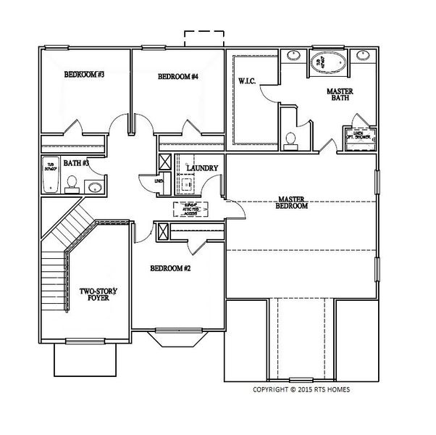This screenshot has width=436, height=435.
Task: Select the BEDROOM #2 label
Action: click(x=170, y=269)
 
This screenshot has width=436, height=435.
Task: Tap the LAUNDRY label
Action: click(x=202, y=168)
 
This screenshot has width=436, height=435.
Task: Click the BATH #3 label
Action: click(x=75, y=163)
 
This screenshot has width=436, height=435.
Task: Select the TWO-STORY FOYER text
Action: click(x=98, y=294)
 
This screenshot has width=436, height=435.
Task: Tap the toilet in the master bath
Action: click(x=290, y=139)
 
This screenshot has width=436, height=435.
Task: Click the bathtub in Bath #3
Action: click(x=51, y=174)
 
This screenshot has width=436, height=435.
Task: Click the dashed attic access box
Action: click(x=190, y=210)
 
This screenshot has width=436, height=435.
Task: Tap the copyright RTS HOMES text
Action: click(x=301, y=389)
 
